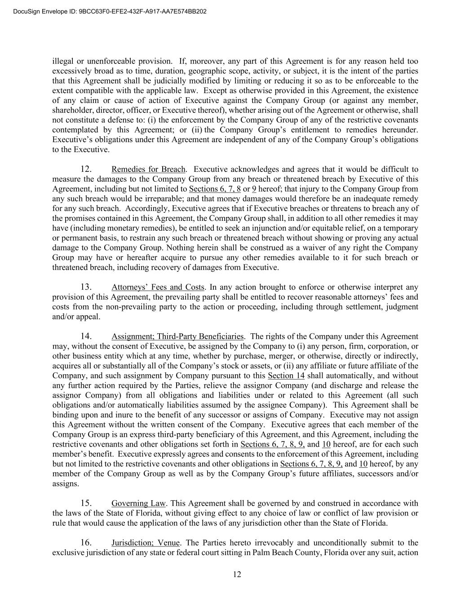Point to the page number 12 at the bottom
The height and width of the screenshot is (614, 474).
(237, 574)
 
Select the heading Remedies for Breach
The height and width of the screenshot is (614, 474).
(148, 169)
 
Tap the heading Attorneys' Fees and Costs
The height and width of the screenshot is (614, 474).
(158, 287)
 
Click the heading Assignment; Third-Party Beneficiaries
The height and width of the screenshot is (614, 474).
(177, 336)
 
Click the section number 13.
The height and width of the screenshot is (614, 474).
(86, 287)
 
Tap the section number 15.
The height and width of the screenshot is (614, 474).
(86, 503)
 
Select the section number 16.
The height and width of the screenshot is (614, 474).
(86, 542)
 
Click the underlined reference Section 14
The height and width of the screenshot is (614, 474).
(287, 376)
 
